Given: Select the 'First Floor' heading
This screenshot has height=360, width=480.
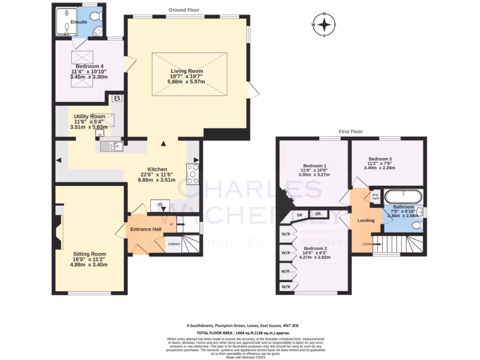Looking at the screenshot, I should (x=351, y=132).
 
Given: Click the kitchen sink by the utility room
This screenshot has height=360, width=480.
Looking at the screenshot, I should (x=112, y=147).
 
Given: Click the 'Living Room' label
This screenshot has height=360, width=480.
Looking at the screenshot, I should (x=186, y=71).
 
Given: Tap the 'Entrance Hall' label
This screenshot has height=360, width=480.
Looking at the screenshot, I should (x=146, y=229).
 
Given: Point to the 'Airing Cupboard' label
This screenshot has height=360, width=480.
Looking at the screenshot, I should (x=375, y=196).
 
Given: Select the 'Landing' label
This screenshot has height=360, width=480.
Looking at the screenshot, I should (x=366, y=220).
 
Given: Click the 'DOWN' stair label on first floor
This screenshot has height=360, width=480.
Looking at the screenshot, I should (x=367, y=244).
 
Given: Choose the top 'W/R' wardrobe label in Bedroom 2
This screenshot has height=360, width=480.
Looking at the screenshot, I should (x=285, y=233).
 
